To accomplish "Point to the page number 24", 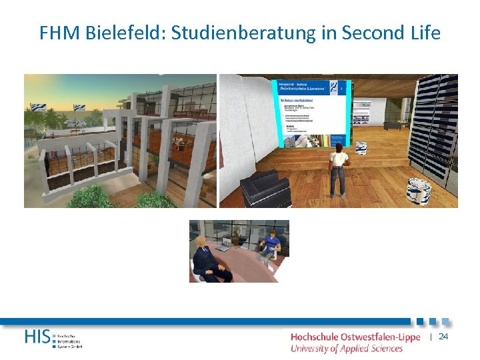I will pyautogui.click(x=443, y=337).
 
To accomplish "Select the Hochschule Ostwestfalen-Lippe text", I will pyautogui.click(x=355, y=337).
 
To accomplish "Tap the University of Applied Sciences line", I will pyautogui.click(x=347, y=348).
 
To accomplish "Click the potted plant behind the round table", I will pyautogui.click(x=237, y=233).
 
